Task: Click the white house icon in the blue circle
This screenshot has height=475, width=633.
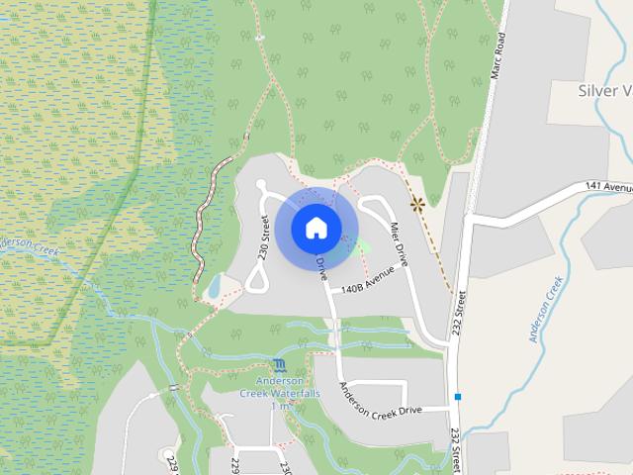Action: click(316, 228)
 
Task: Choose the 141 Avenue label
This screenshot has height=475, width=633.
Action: click(607, 186)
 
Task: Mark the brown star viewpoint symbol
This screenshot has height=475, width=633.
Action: click(417, 205)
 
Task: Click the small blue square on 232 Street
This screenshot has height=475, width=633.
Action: click(458, 397)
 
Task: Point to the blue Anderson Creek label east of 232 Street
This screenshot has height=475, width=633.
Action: click(546, 309)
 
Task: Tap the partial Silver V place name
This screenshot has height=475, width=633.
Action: click(603, 91)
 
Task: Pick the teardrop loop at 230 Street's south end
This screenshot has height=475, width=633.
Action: click(256, 279)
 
